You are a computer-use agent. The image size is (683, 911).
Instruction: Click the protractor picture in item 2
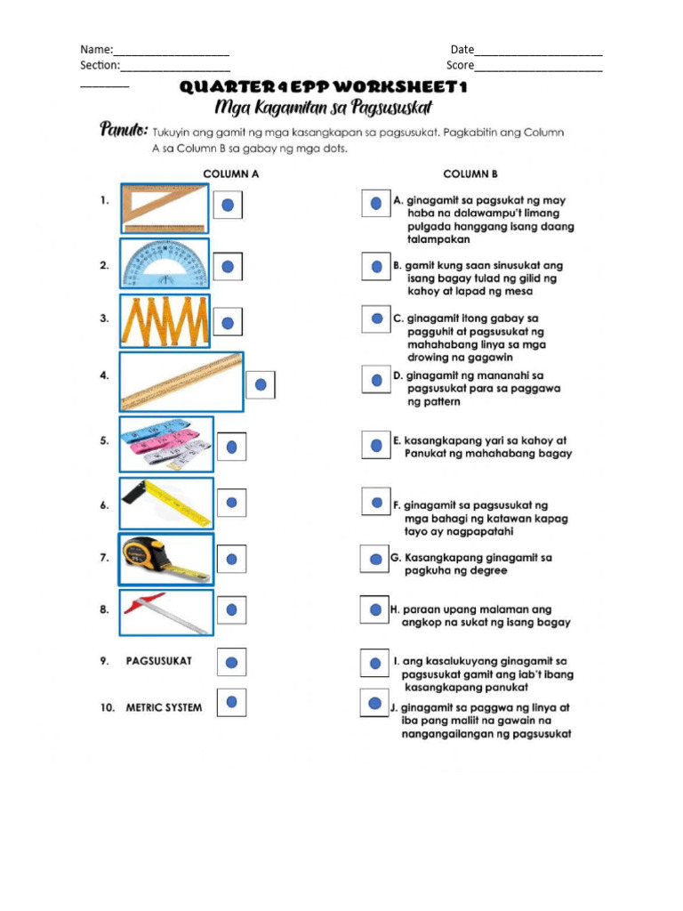(165, 263)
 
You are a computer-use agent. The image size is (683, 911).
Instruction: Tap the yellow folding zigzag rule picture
(165, 320)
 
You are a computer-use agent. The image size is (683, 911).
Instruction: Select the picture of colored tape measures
(166, 443)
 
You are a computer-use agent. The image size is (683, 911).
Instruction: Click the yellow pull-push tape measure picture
(166, 559)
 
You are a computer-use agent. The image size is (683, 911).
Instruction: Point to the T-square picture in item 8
(166, 612)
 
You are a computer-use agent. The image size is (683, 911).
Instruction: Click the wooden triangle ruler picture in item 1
(164, 207)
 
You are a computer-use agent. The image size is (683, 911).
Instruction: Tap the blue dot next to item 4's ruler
(261, 384)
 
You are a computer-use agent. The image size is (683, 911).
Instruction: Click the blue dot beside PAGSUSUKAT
(231, 662)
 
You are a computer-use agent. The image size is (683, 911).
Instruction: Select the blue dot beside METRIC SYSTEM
(231, 703)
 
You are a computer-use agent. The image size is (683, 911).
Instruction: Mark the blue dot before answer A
(376, 203)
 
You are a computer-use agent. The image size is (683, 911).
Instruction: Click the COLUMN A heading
(230, 174)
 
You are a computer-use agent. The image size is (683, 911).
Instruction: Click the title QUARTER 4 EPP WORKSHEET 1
(323, 87)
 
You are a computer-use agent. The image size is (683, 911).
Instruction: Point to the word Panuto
(122, 131)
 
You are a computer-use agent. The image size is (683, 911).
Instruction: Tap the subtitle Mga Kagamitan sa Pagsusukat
(324, 108)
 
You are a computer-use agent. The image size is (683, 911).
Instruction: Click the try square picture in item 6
(166, 503)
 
